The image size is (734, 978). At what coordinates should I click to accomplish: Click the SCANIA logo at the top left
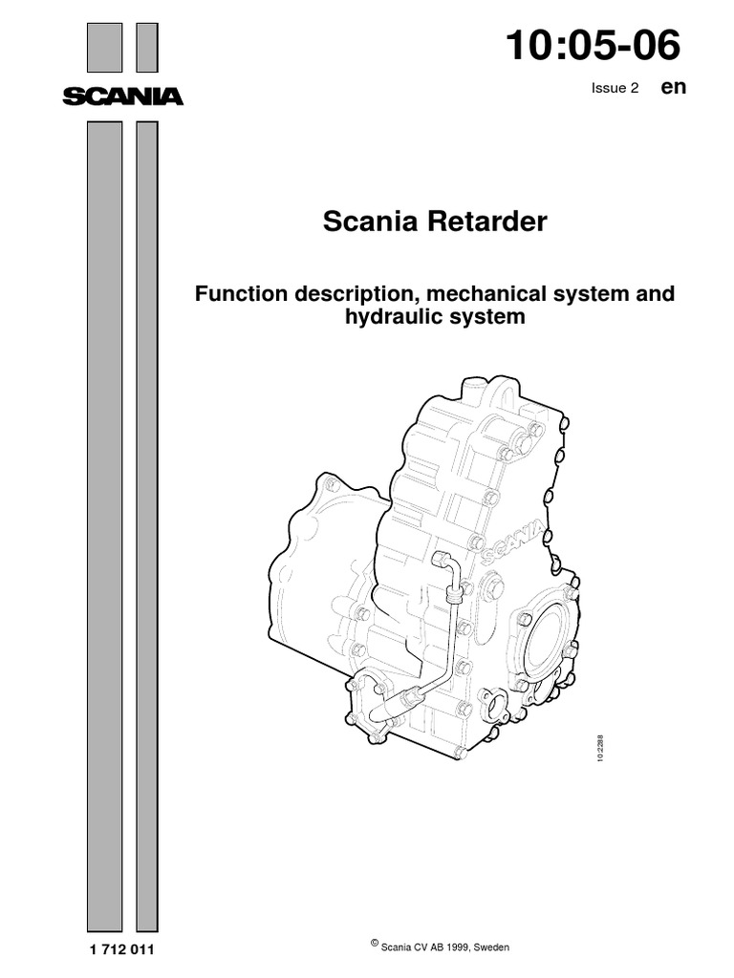point(122,96)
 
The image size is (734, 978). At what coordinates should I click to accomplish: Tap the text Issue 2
point(615,89)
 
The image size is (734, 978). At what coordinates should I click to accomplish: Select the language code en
point(673,87)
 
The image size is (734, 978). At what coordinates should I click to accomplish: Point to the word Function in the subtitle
point(238,293)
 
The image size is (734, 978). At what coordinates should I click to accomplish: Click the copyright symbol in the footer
point(374,944)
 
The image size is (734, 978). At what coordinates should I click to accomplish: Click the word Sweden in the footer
point(490,947)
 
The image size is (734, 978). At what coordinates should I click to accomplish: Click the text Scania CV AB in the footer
point(407,947)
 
